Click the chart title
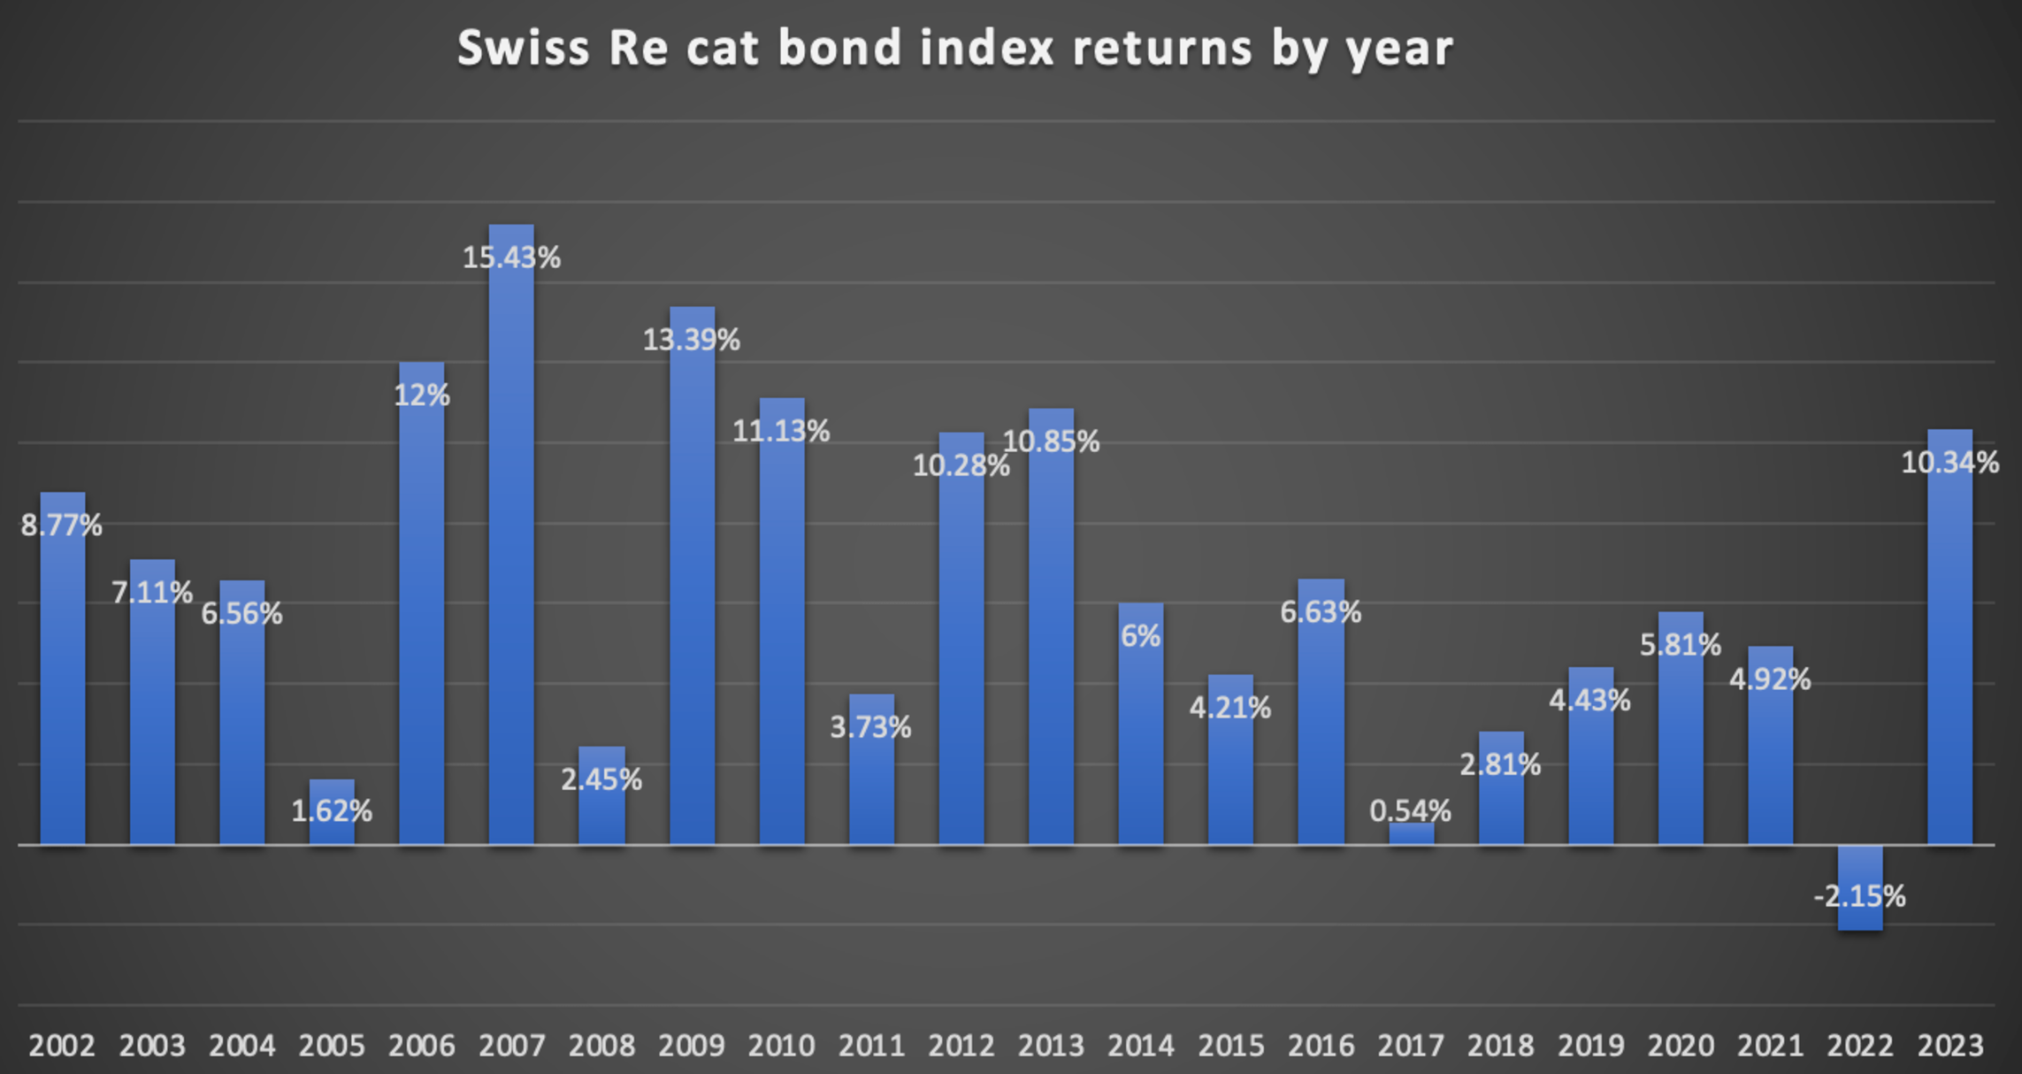point(955,48)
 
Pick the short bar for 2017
point(1412,834)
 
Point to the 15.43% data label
point(511,257)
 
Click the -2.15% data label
point(1859,896)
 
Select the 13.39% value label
point(691,340)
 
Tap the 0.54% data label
point(1410,810)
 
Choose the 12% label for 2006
point(421,395)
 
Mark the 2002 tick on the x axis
point(62,1046)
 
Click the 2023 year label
point(1950,1046)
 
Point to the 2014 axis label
point(1141,1046)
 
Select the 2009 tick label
point(691,1046)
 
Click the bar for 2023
point(1950,664)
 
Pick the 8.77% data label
point(62,525)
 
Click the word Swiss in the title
point(523,48)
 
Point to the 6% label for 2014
point(1140,635)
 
